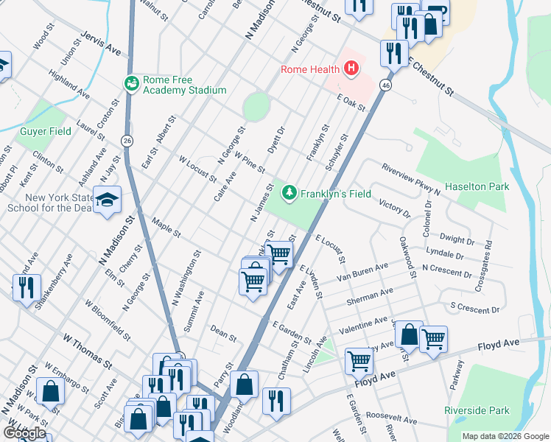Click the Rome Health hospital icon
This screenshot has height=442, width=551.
tap(351, 70)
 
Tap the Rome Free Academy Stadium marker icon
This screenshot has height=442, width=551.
tap(133, 83)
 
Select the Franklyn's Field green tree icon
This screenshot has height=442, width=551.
tap(290, 193)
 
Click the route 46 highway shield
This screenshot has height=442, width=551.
tap(385, 86)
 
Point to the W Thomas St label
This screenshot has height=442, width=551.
tap(86, 351)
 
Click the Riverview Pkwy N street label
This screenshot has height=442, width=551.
tap(410, 179)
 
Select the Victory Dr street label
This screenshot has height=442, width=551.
tap(394, 208)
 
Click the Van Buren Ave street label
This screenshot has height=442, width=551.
tap(362, 273)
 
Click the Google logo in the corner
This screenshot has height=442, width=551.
tap(24, 432)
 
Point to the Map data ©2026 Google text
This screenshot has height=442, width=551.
tap(505, 436)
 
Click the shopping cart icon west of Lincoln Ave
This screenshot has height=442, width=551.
tap(359, 361)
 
